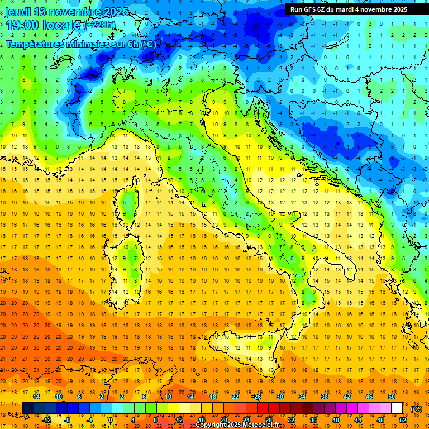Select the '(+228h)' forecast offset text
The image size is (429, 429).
(x=99, y=25)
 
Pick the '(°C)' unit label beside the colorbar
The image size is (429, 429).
(x=416, y=409)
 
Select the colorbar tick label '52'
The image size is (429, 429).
(x=402, y=420)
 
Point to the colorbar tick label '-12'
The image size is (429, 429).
(x=47, y=420)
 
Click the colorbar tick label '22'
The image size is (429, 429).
(x=235, y=397)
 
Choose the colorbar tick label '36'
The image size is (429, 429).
(x=313, y=420)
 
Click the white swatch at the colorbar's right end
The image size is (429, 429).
(x=397, y=408)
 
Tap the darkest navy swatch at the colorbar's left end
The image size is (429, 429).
(x=28, y=408)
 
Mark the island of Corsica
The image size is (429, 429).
(x=130, y=203)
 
